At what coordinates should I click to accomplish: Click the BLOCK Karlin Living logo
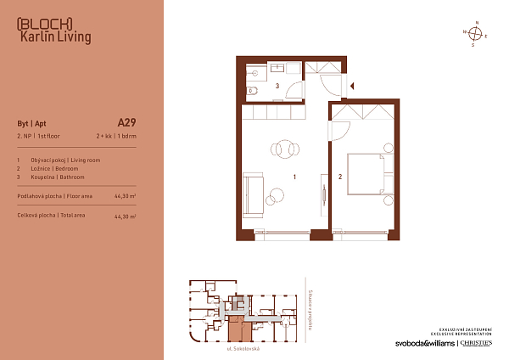click(x=53, y=30)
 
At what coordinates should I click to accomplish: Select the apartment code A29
click(x=126, y=121)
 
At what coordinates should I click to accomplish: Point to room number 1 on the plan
click(x=294, y=177)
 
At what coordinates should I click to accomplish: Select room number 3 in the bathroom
click(x=277, y=86)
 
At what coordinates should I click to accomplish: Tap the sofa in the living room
click(x=253, y=188)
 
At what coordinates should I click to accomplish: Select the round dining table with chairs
click(x=284, y=149)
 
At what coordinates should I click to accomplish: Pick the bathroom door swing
click(x=294, y=90)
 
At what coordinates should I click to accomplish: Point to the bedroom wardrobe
click(x=363, y=110)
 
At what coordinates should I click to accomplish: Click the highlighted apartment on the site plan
click(x=235, y=322)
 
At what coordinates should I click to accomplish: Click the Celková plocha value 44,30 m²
click(x=126, y=217)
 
